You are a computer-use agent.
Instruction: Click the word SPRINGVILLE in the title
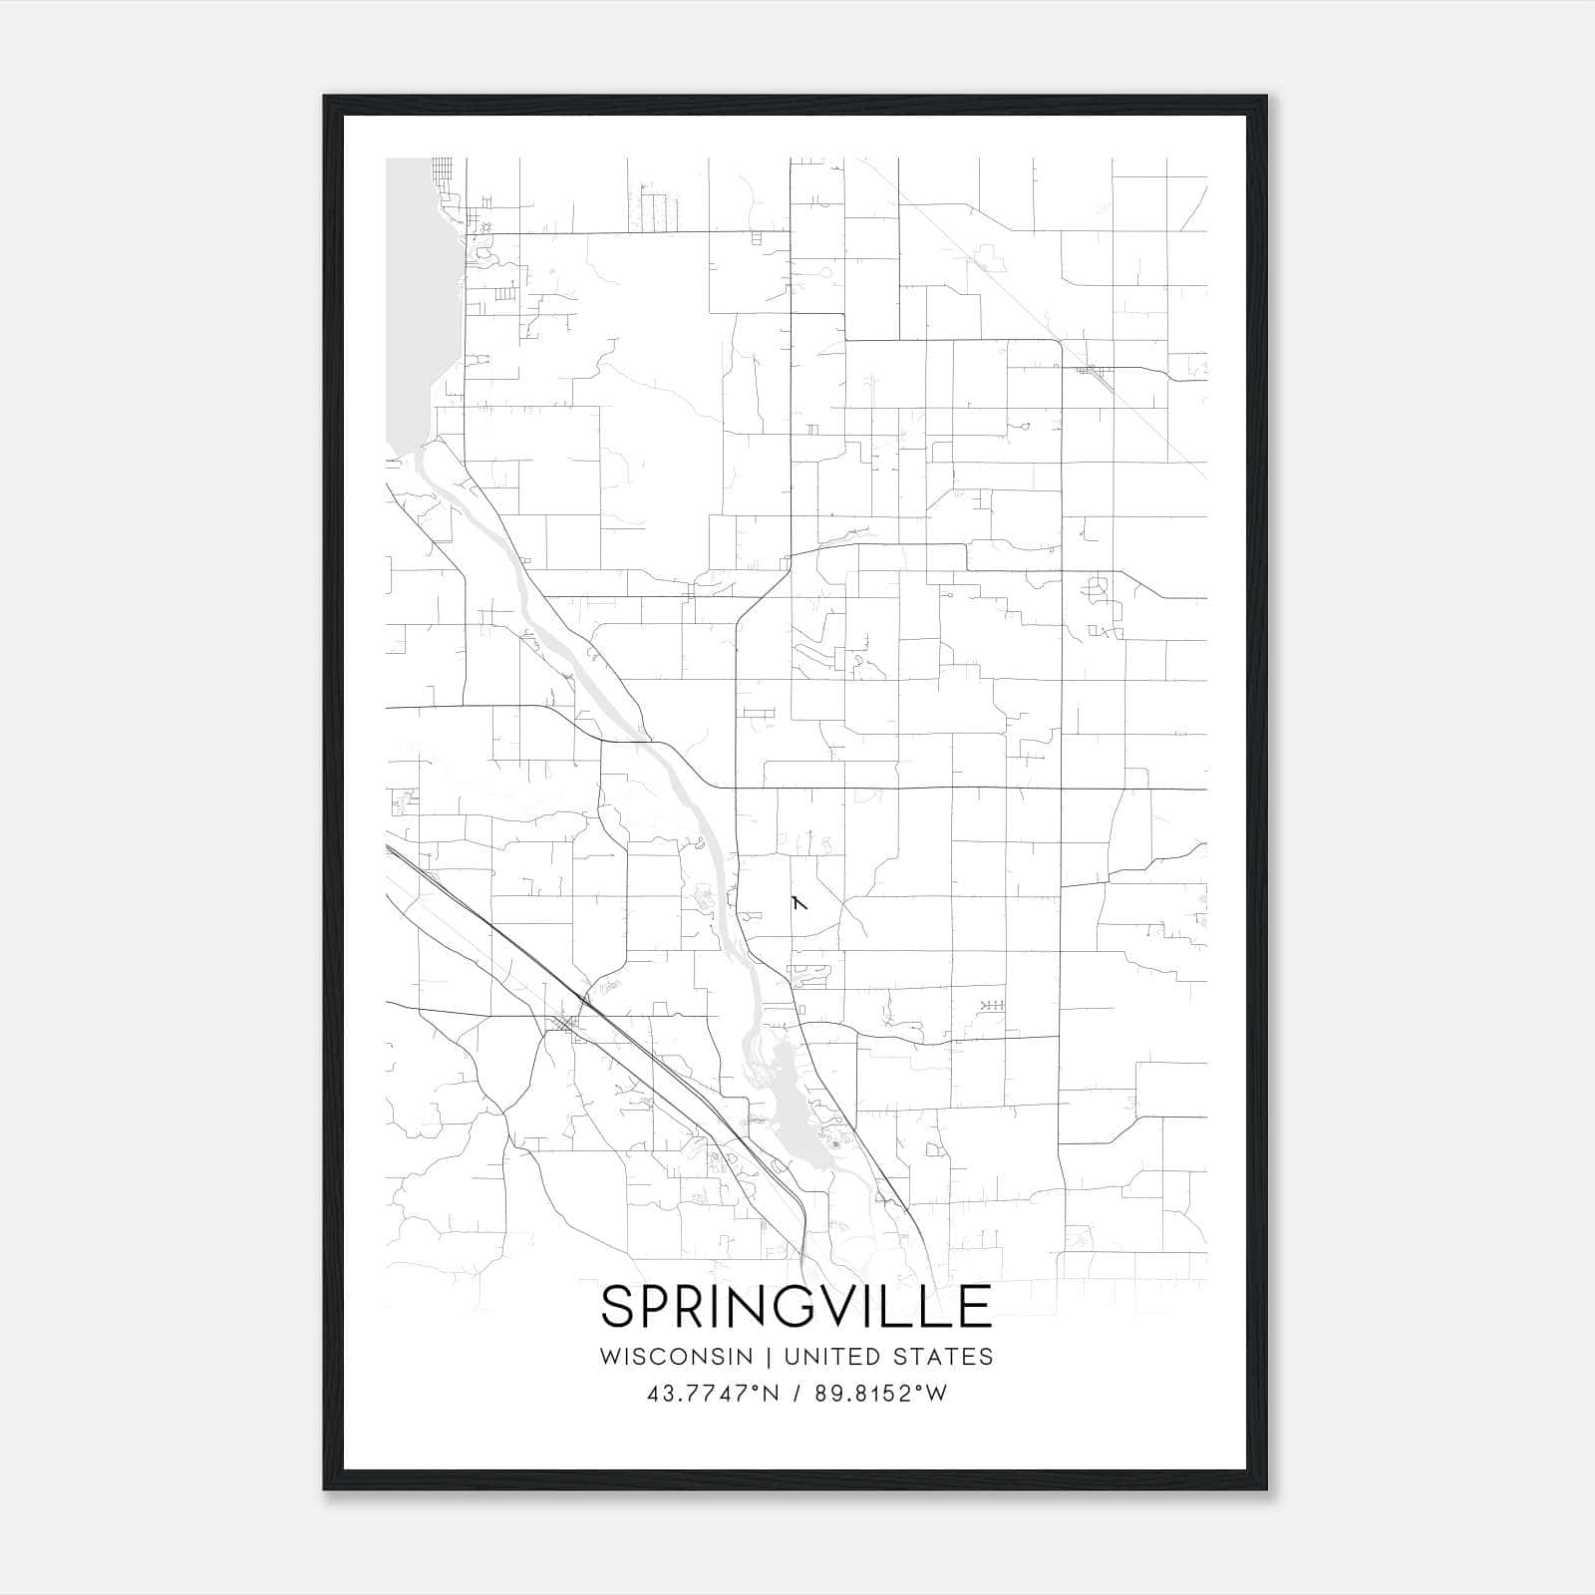pos(797,1307)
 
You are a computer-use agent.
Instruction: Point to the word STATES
pos(946,1357)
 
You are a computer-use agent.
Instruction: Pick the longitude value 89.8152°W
pos(880,1394)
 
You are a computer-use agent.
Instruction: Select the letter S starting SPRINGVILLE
pos(618,1307)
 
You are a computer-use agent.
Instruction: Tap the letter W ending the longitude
pos(935,1394)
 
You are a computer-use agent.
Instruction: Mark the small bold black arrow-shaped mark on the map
pos(798,903)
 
